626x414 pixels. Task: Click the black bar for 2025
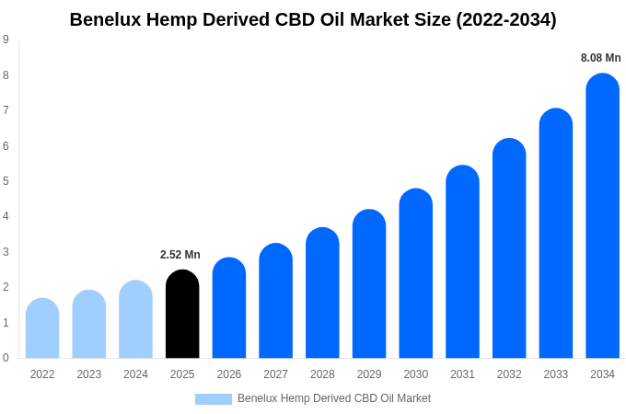pos(182,314)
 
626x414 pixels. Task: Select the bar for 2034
pos(602,215)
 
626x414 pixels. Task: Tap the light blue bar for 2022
pos(42,328)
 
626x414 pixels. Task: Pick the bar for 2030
pos(415,273)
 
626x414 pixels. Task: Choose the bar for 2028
pos(322,293)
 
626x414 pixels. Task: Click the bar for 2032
pos(509,248)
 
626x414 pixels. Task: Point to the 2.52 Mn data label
pos(180,255)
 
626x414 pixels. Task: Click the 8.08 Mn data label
pos(600,58)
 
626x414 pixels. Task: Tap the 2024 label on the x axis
pos(135,374)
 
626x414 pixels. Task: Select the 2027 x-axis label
pos(276,374)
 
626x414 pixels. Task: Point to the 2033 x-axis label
pos(556,374)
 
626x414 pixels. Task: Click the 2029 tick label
pos(369,374)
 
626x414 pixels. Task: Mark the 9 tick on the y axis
pos(6,40)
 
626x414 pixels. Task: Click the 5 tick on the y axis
pos(6,181)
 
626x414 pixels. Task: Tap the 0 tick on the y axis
pos(6,357)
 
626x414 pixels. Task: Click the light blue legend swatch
pos(214,399)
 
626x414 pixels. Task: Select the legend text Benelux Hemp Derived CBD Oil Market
pos(334,398)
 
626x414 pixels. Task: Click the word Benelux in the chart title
pos(105,19)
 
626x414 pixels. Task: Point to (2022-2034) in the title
pos(506,20)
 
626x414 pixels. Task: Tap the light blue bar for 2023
pos(89,324)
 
